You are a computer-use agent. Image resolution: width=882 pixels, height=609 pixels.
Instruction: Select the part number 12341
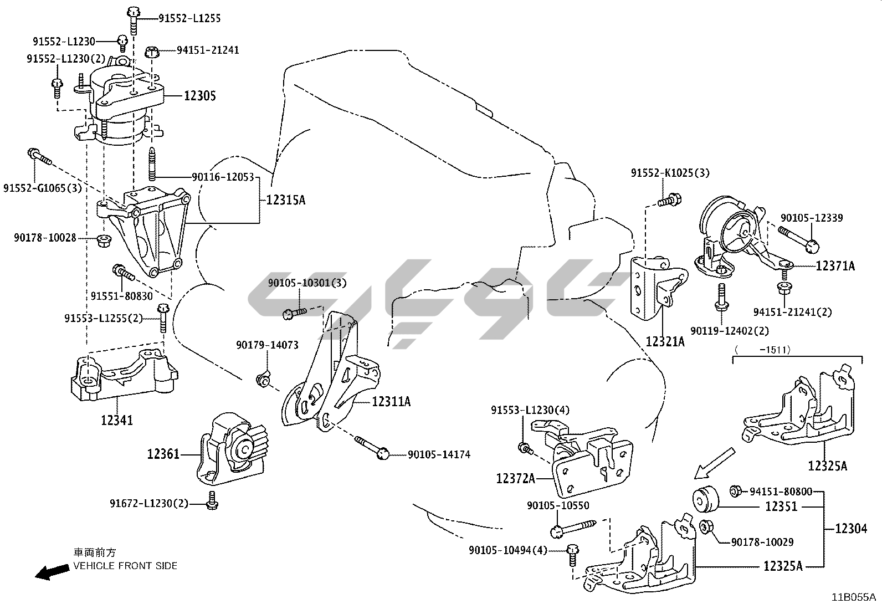pos(117,420)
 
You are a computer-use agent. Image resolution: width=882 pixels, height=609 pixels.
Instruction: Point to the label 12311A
pos(391,401)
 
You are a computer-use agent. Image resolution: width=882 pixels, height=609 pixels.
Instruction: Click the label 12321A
pos(665,342)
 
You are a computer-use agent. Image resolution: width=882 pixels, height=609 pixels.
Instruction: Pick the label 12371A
pos(835,267)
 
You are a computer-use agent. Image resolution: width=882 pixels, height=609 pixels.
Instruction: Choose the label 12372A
pos(516,478)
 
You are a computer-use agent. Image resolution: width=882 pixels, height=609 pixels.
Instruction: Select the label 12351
pos(781,506)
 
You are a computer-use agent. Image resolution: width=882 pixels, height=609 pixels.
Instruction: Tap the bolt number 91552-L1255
pos(189,18)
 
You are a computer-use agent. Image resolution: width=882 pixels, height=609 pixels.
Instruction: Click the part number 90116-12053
pos(223,177)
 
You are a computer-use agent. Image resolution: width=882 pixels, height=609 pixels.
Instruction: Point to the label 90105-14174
pos(439,455)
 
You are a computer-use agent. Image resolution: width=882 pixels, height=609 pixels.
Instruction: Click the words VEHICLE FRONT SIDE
pos(125,566)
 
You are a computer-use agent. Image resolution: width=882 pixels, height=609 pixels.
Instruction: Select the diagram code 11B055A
pos(853,597)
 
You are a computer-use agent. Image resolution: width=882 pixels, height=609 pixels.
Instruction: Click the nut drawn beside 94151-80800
pos(736,490)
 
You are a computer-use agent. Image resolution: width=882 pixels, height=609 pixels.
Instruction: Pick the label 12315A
pos(285,200)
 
